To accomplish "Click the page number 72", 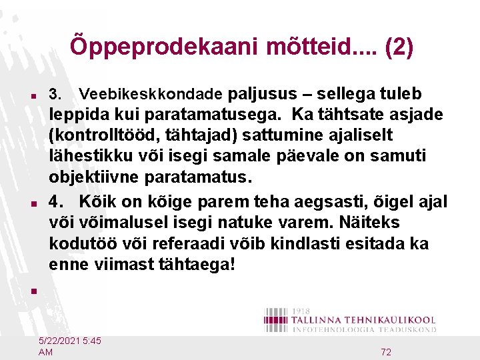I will point(386,352).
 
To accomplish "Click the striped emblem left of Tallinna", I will point(276,319).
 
